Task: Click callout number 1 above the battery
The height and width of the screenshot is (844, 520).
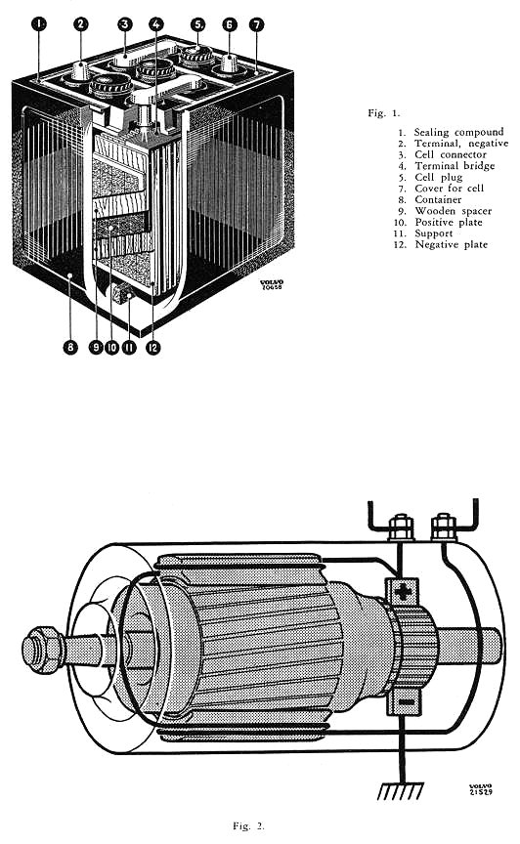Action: [x=39, y=23]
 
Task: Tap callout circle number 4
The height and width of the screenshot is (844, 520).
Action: [x=156, y=23]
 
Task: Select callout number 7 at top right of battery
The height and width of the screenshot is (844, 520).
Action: [x=256, y=24]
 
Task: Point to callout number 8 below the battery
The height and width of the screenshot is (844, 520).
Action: [x=70, y=347]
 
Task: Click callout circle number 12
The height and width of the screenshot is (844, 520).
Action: [x=153, y=347]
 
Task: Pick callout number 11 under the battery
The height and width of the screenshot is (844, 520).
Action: [x=129, y=347]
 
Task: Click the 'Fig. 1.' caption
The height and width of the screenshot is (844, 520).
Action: [x=384, y=113]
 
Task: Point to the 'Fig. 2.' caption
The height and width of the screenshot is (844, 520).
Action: [x=248, y=825]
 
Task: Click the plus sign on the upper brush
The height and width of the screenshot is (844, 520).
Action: [x=403, y=592]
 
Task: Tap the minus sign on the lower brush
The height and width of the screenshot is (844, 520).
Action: [x=407, y=702]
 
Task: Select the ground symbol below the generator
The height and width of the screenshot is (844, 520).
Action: [x=400, y=790]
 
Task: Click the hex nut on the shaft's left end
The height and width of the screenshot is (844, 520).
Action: [x=43, y=650]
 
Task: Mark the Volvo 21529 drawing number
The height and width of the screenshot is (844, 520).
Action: [x=481, y=789]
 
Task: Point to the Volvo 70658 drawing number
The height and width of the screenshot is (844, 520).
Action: [x=271, y=284]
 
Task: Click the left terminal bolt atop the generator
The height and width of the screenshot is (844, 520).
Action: [x=401, y=527]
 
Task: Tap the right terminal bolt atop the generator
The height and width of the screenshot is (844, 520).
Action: [x=444, y=527]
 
